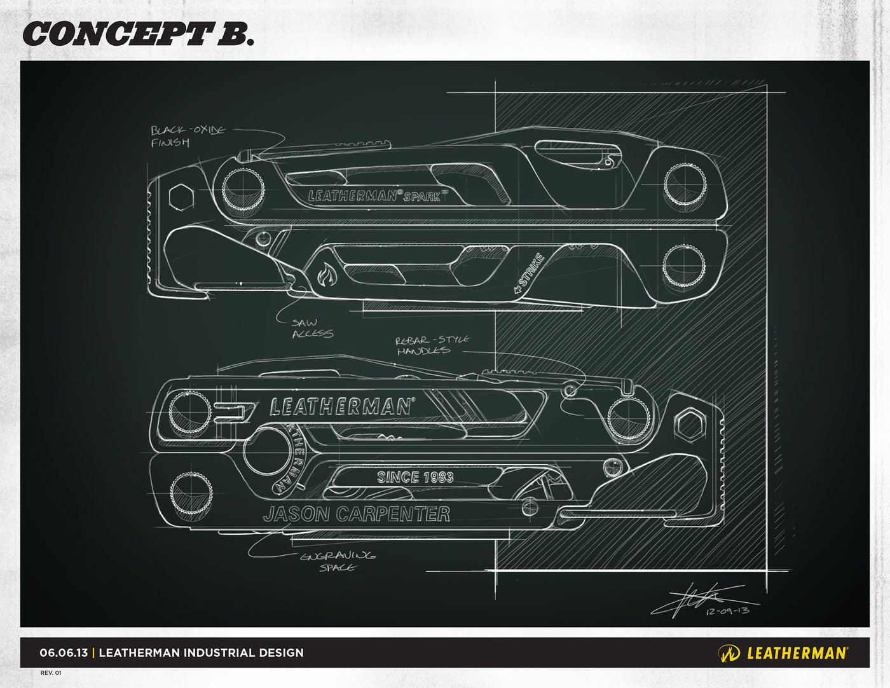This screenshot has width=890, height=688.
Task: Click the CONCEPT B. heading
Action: [x=138, y=33]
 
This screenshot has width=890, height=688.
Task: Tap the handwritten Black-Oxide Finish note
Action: [x=188, y=136]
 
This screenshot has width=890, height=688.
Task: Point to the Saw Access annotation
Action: [x=312, y=328]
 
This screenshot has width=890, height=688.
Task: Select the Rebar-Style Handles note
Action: [x=432, y=345]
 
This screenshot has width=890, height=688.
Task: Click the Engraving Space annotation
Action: [x=338, y=561]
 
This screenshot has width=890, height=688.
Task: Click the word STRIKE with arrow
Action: [x=530, y=273]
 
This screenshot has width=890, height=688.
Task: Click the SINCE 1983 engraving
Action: [x=415, y=477]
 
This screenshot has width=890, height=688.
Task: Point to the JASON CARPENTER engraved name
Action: [x=357, y=514]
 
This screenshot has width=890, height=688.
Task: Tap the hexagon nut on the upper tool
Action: [x=181, y=196]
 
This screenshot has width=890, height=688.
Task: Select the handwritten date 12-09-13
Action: [x=727, y=610]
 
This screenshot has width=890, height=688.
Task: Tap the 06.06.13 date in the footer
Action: [x=64, y=652]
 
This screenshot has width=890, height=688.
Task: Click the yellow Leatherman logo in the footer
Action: [x=783, y=653]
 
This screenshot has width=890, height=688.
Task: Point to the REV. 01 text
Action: [x=51, y=673]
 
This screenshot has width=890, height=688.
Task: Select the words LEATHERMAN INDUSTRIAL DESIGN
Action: [x=202, y=652]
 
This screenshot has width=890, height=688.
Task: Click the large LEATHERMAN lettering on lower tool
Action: [x=341, y=407]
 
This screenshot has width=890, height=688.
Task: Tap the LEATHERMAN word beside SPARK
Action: [x=353, y=196]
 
